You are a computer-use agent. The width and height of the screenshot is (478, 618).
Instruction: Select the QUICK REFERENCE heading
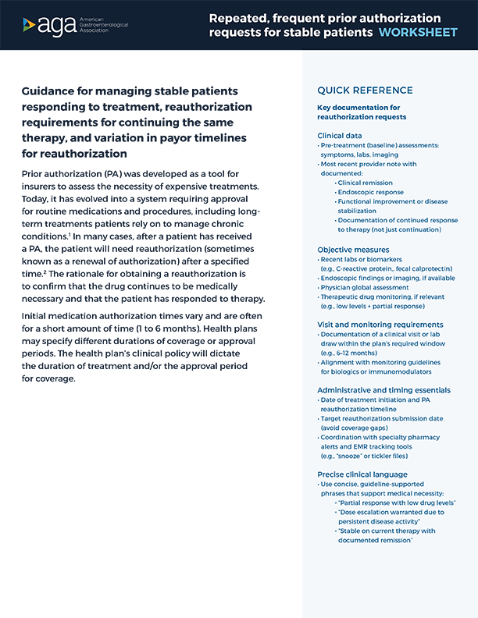365,91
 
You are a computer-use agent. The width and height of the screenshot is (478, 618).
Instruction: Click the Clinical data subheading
339,136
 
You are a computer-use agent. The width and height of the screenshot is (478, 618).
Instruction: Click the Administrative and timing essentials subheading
383,389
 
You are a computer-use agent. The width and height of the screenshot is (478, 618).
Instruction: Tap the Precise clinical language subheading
362,474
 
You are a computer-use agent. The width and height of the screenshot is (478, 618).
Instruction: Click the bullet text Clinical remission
366,182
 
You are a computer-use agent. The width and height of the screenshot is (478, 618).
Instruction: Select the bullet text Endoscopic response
370,191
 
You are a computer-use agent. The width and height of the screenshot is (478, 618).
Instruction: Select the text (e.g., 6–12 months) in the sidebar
353,353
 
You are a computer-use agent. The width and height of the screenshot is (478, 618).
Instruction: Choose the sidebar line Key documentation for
358,107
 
